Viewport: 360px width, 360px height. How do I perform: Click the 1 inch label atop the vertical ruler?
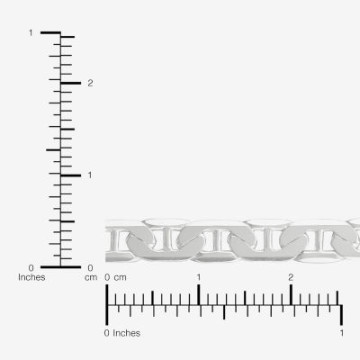31,32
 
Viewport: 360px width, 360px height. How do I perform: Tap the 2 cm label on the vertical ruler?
90,83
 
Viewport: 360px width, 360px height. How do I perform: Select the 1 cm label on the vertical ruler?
90,175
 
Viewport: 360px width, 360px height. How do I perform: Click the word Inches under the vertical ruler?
31,277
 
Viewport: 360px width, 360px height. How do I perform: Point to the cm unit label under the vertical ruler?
91,278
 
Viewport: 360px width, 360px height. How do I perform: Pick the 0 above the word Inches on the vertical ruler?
31,267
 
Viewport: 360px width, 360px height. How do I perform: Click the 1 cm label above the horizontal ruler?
199,277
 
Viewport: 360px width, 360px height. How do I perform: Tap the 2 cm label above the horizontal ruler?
291,277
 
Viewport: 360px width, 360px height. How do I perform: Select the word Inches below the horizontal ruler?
126,333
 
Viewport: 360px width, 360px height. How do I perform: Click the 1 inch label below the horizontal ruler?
342,333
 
